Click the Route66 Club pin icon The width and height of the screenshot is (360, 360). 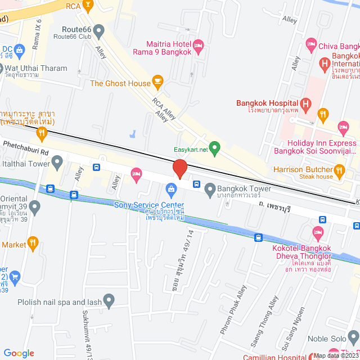[99, 29]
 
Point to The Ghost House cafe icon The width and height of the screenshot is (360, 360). [158, 83]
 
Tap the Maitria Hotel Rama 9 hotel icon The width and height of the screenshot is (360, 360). [198, 44]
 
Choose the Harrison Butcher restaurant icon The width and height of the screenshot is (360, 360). [339, 169]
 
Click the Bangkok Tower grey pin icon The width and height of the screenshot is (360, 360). [210, 189]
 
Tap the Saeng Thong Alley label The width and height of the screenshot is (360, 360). [264, 318]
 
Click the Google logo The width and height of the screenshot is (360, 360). [19, 353]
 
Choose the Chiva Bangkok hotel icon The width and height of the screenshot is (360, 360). [311, 43]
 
